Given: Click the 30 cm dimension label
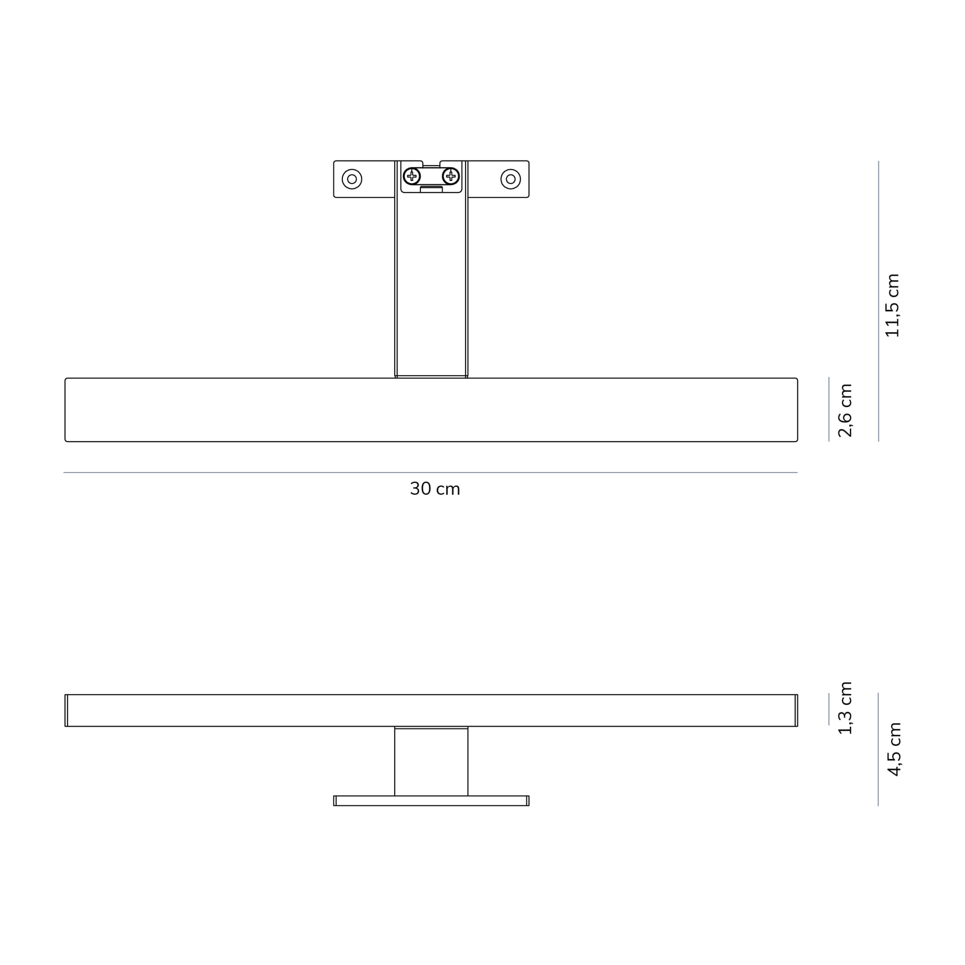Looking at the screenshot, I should [x=435, y=489].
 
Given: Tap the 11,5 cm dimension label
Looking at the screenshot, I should [x=892, y=305].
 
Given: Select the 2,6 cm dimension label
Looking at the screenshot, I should [x=845, y=410].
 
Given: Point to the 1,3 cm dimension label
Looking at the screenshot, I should [x=845, y=707].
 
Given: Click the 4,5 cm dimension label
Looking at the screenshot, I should [x=894, y=749].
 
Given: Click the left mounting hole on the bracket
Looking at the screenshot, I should [x=352, y=179].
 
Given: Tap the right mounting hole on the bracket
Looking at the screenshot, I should [x=510, y=179].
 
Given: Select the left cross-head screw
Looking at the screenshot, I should [x=412, y=176].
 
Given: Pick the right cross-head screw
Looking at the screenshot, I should [x=451, y=176].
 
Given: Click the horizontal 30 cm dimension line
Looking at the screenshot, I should [x=430, y=472].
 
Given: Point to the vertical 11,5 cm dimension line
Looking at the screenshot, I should [x=879, y=301].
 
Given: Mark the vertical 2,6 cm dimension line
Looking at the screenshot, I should [x=829, y=409].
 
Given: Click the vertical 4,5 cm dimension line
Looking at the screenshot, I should [x=878, y=749].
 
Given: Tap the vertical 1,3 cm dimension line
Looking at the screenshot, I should [x=829, y=709].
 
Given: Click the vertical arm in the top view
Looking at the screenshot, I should [x=431, y=286].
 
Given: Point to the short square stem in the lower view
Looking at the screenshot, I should [x=431, y=762].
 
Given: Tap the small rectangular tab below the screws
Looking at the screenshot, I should [x=431, y=189].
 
